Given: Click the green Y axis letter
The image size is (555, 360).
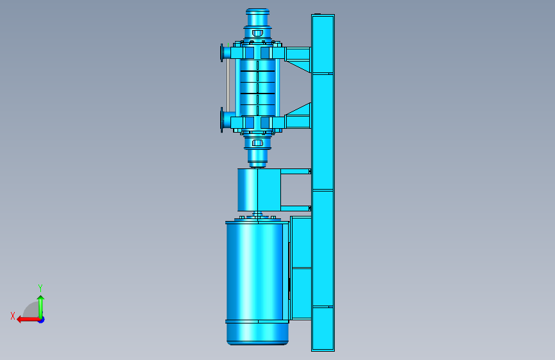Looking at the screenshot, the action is click(x=40, y=288).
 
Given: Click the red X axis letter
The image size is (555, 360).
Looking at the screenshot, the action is click(x=13, y=316).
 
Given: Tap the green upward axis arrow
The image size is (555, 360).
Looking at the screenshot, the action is click(x=41, y=307).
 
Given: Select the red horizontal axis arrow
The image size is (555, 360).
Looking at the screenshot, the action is click(x=28, y=320).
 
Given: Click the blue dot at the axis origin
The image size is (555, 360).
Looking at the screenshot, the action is click(x=42, y=320).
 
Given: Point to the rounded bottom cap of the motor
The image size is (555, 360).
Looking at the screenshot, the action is click(x=257, y=334).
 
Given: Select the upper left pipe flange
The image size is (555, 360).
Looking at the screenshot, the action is click(x=222, y=53).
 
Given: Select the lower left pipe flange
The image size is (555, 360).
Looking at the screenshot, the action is click(x=222, y=120).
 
